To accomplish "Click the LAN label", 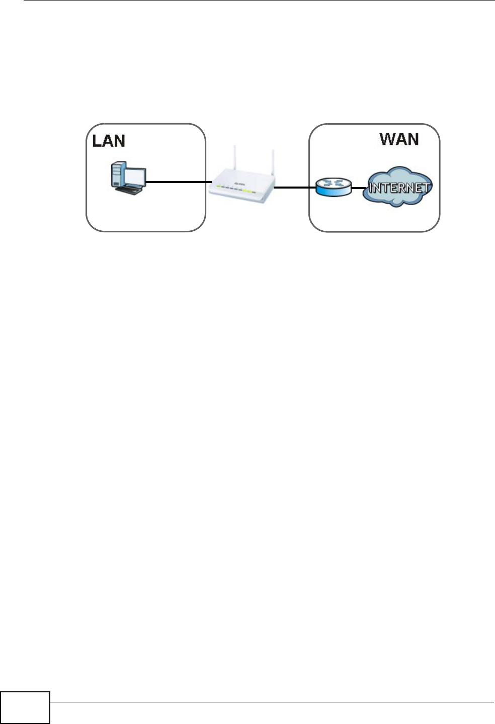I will pos(109,141).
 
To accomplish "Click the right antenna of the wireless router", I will pos(272,163).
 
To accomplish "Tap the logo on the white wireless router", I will pos(240,184).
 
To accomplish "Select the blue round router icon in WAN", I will pos(334,188).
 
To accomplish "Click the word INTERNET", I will pos(399,188).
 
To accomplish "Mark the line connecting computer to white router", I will pos(179,182).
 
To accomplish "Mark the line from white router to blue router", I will pos(295,188).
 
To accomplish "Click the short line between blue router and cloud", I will pos(358,189).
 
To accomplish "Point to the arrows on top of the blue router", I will pos(334,184).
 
